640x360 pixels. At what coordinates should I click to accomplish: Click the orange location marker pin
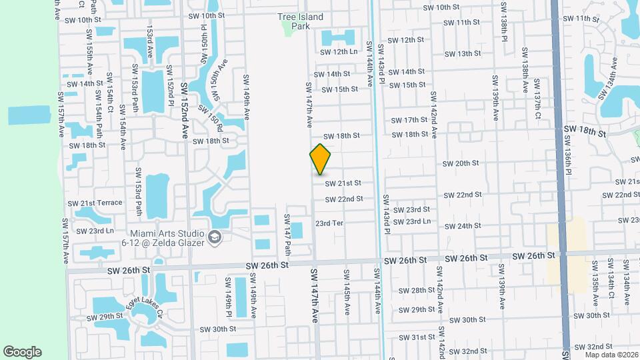click(321, 159)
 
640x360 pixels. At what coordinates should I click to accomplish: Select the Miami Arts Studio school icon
click(215, 237)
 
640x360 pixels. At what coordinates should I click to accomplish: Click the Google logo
click(22, 352)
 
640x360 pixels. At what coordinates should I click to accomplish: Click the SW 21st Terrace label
click(101, 203)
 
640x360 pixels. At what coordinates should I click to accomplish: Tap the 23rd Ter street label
click(329, 223)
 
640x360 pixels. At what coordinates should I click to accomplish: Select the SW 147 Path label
click(288, 235)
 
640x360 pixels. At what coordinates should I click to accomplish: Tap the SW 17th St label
click(410, 120)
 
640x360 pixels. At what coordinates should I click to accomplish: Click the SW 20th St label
click(461, 163)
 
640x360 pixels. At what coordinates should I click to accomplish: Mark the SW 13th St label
click(463, 53)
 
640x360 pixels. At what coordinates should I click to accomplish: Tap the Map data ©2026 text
click(610, 353)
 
